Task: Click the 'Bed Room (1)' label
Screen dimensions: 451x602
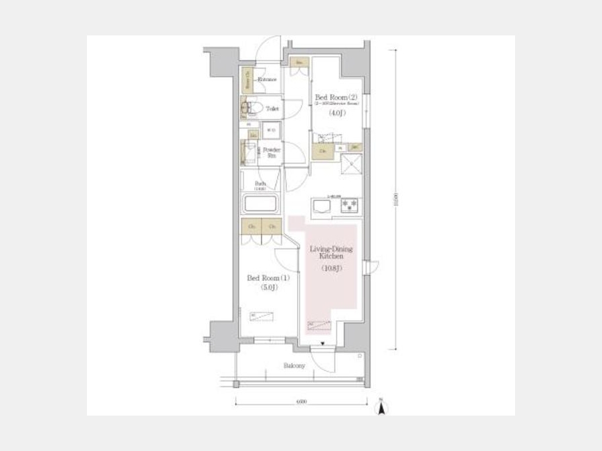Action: tap(262, 278)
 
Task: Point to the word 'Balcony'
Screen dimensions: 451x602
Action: tap(294, 365)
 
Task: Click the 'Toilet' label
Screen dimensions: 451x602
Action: tap(272, 108)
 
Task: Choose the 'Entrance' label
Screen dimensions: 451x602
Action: tap(268, 80)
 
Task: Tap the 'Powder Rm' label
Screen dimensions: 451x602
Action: tap(271, 152)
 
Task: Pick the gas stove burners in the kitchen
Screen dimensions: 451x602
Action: tap(350, 206)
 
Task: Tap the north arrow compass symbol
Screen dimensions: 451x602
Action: tap(381, 407)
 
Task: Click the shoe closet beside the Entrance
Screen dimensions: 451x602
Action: tap(247, 81)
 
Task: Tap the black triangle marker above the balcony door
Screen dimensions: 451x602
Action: tap(322, 345)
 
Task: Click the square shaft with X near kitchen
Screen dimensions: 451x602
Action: tap(350, 164)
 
